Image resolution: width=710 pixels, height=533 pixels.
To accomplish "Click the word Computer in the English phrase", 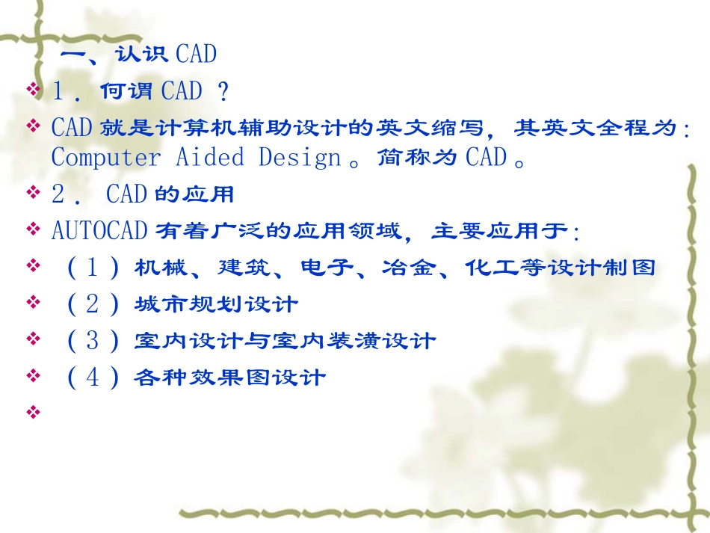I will pos(105,158).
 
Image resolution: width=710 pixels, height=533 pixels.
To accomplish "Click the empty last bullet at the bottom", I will pos(32,411).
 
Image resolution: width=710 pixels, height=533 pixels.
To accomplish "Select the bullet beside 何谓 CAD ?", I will pos(32,90).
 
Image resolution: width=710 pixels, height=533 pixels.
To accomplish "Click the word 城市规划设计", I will pos(216,304).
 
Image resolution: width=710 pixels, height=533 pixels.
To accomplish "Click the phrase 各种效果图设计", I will pos(230,378).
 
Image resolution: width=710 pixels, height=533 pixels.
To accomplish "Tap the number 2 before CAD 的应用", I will pos(58,195).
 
